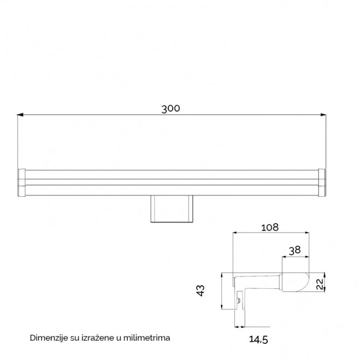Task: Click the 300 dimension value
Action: coord(170,108)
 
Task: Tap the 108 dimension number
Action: coord(271,227)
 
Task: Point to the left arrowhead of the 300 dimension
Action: coord(19,114)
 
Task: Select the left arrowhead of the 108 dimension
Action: coord(234,233)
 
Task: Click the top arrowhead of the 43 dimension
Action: coord(221,275)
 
